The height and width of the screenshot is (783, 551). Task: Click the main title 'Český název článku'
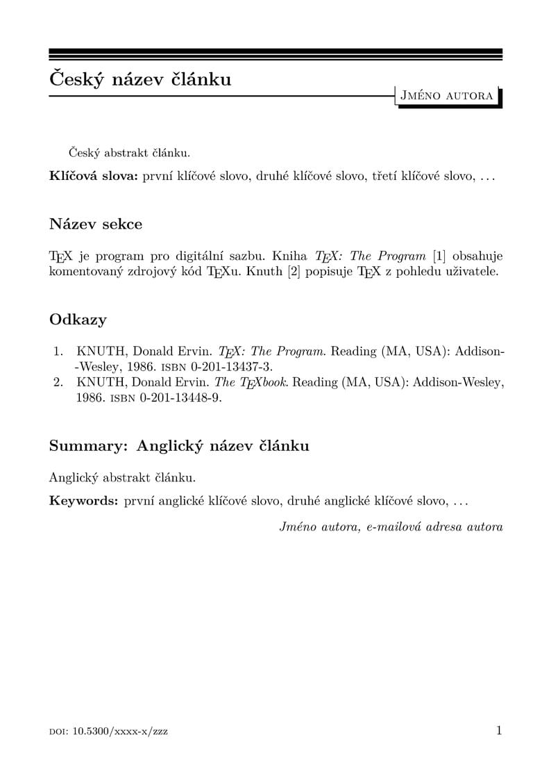[140, 79]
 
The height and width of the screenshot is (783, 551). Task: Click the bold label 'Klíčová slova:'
[94, 176]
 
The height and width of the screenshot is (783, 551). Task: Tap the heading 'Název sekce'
[96, 224]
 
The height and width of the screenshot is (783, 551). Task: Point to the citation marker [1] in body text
[439, 256]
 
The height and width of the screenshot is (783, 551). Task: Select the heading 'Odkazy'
[78, 320]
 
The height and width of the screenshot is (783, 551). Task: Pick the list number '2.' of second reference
[59, 382]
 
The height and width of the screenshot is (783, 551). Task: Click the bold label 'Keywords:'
[84, 501]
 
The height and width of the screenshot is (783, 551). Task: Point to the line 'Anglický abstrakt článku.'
[122, 477]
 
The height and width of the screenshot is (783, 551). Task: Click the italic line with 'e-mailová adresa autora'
[391, 527]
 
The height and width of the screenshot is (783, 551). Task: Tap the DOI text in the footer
[108, 732]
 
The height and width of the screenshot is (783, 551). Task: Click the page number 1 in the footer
[498, 730]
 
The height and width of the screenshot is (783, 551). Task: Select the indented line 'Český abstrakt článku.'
[129, 152]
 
